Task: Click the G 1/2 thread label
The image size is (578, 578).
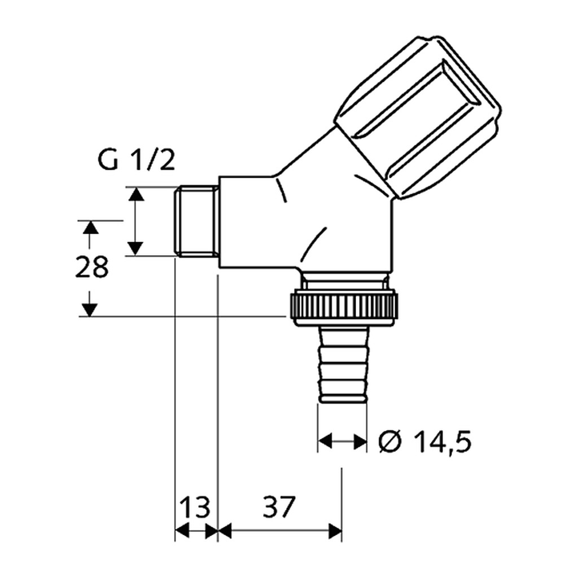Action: click(x=136, y=160)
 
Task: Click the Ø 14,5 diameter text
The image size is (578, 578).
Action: click(x=425, y=441)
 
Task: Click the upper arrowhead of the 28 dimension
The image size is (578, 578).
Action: click(x=90, y=227)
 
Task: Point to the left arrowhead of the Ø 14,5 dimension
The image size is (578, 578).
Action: click(x=325, y=440)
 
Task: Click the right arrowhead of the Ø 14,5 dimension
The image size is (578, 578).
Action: click(x=360, y=441)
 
